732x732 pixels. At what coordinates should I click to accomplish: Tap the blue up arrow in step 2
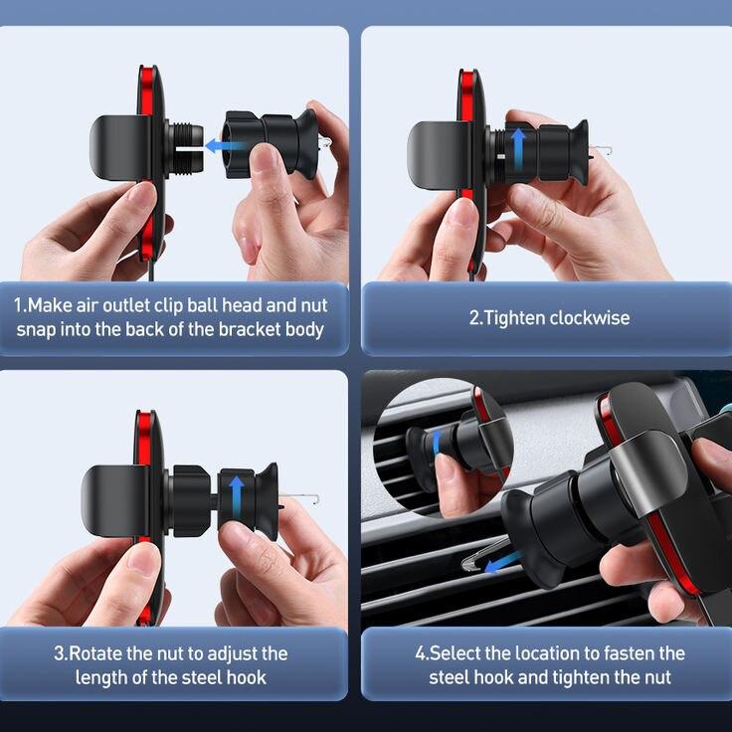pyautogui.click(x=518, y=148)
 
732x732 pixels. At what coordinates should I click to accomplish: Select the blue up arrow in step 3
pyautogui.click(x=237, y=496)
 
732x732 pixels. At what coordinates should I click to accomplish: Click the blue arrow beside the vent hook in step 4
pyautogui.click(x=502, y=562)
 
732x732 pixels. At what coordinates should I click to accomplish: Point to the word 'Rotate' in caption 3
pyautogui.click(x=95, y=653)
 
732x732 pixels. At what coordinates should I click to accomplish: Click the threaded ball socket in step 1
pyautogui.click(x=185, y=148)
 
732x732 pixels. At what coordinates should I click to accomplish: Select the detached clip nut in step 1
pyautogui.click(x=271, y=144)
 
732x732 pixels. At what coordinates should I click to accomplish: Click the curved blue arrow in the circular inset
pyautogui.click(x=437, y=443)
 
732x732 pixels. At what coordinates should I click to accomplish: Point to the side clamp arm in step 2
pyautogui.click(x=439, y=155)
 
